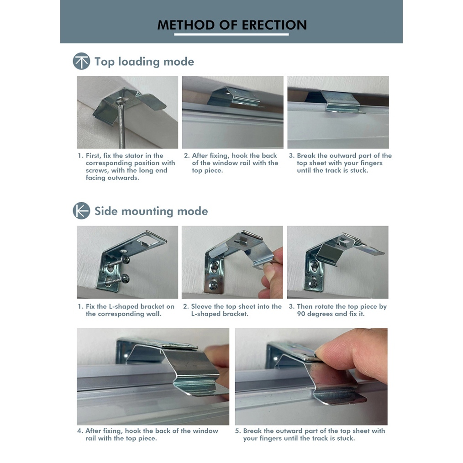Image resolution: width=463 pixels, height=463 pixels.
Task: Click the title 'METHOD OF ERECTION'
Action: click(x=232, y=25)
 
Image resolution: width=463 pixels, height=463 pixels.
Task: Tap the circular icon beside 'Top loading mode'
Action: click(x=81, y=61)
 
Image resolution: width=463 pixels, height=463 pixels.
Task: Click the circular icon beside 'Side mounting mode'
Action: click(x=81, y=211)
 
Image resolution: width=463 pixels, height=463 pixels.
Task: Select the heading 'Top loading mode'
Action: click(x=144, y=62)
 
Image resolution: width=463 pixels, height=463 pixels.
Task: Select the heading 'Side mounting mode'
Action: click(x=151, y=211)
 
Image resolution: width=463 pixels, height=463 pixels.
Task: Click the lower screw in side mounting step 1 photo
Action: click(x=119, y=279)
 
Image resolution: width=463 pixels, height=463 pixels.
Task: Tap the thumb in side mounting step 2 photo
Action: click(x=268, y=273)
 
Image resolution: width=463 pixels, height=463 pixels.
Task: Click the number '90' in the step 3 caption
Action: click(x=301, y=314)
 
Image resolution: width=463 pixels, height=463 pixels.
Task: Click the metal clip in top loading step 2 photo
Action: click(x=233, y=96)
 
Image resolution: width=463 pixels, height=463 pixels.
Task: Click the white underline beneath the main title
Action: click(x=231, y=35)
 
